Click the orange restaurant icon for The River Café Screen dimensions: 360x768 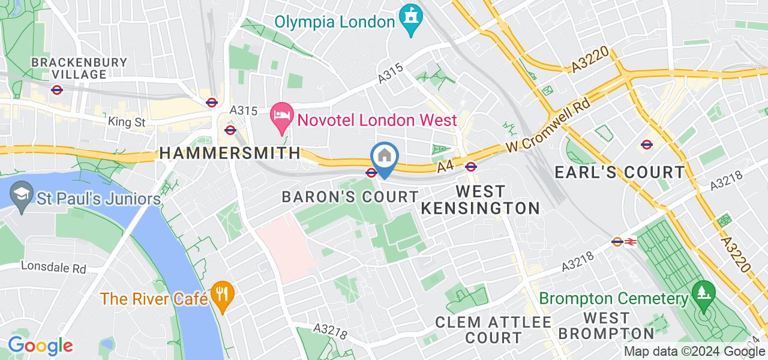[x=223, y=296]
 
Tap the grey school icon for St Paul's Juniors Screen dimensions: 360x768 [x=22, y=196]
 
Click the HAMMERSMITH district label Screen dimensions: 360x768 [x=230, y=154]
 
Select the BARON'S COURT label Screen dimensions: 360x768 [x=350, y=197]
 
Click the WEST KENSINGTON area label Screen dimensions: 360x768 [x=480, y=200]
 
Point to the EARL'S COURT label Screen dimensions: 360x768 [x=619, y=173]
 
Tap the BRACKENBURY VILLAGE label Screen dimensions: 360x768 [x=79, y=68]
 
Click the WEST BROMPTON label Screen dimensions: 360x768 [x=606, y=326]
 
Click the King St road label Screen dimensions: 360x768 [x=127, y=122]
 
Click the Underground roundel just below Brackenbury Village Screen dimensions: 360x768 [x=57, y=90]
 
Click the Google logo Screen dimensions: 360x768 [x=40, y=346]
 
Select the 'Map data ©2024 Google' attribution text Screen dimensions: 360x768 [x=694, y=352]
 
